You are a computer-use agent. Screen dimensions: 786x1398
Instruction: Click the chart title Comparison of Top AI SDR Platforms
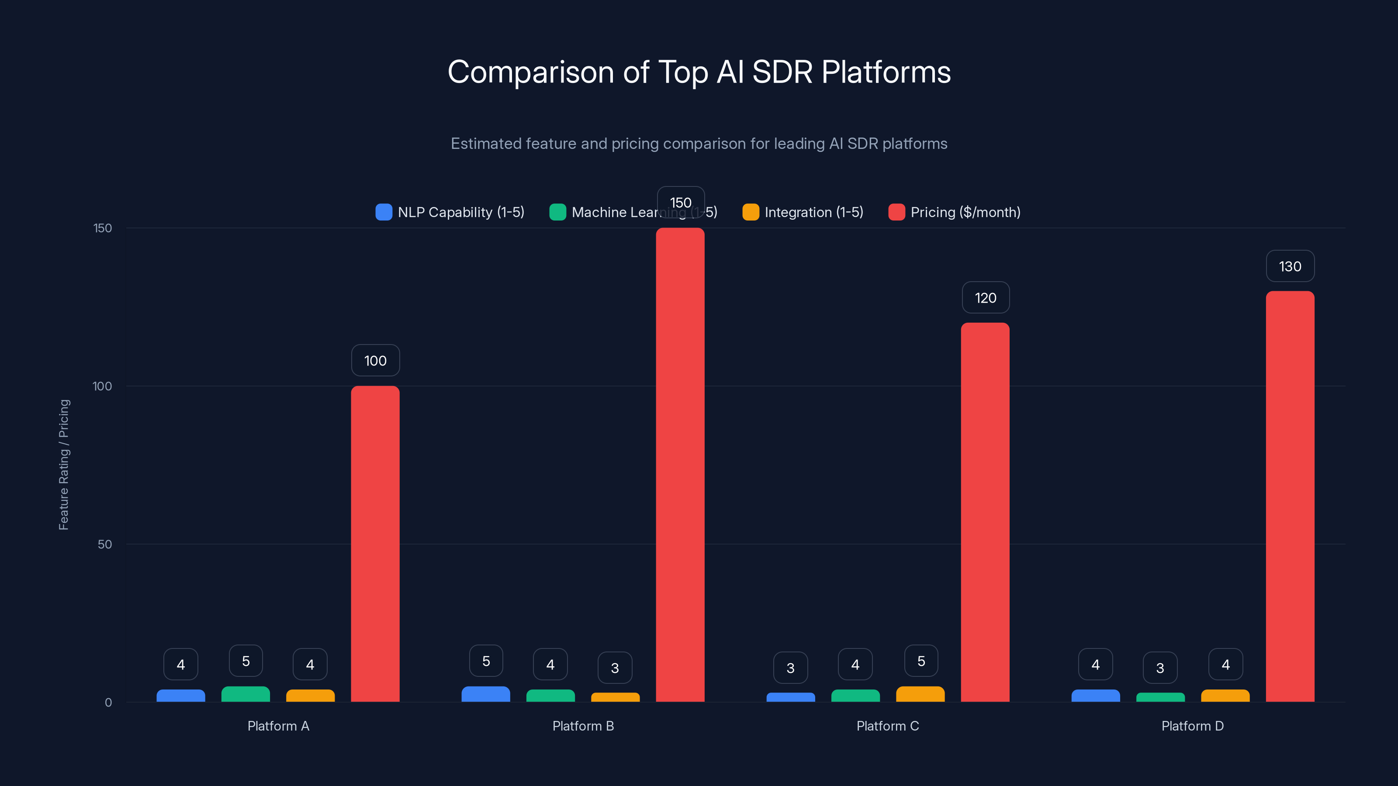click(x=699, y=72)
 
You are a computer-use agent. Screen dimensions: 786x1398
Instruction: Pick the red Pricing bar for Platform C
click(x=985, y=512)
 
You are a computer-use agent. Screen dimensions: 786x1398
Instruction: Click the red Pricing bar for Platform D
click(x=1290, y=496)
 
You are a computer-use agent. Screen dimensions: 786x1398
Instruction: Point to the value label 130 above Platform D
click(x=1290, y=266)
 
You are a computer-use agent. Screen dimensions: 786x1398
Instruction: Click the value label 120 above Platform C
click(x=986, y=298)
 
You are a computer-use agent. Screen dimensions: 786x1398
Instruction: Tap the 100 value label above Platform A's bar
click(x=375, y=361)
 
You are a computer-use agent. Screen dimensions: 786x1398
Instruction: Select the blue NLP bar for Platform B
click(x=486, y=694)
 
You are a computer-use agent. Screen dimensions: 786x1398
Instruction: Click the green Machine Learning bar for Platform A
click(x=246, y=694)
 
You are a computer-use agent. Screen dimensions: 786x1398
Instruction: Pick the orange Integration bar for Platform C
click(x=920, y=694)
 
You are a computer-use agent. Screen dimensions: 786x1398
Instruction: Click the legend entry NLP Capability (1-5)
click(x=450, y=212)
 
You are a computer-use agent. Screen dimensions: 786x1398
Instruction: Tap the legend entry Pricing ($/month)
click(x=955, y=212)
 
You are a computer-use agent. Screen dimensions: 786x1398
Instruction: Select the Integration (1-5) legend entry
click(x=803, y=212)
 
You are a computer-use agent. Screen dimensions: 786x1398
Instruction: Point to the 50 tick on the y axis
click(x=105, y=544)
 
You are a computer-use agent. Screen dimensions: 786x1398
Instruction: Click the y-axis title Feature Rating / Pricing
click(x=63, y=465)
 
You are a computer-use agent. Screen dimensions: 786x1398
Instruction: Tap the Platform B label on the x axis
click(x=583, y=726)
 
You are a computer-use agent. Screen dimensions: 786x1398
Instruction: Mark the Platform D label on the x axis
click(x=1192, y=726)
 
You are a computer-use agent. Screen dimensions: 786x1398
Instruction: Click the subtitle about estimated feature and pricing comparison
click(x=699, y=144)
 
